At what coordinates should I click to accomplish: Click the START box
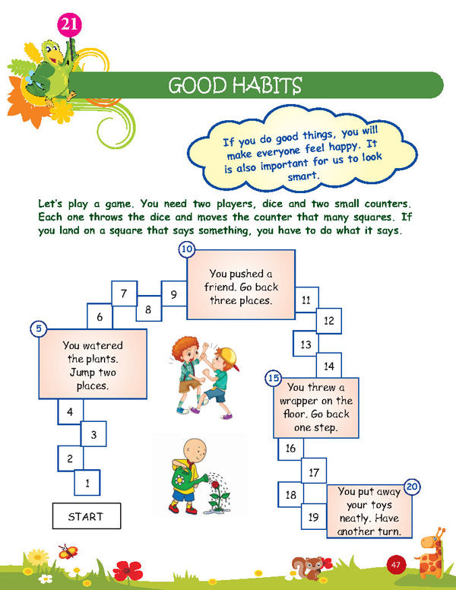[x=87, y=516]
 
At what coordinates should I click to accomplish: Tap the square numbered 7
[x=124, y=293]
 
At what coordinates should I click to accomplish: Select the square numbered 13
[x=306, y=344]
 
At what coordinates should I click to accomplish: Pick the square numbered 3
[x=93, y=434]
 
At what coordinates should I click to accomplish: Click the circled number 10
[x=187, y=249]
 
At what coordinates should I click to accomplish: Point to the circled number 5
[x=38, y=328]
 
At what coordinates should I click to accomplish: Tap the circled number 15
[x=274, y=378]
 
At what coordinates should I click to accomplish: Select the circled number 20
[x=412, y=487]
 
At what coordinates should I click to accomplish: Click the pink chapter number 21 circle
[x=69, y=25]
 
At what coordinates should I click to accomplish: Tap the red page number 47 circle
[x=395, y=565]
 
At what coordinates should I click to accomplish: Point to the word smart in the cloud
[x=303, y=176]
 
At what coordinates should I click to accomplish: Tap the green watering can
[x=185, y=478]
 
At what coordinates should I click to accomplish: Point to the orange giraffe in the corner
[x=430, y=554]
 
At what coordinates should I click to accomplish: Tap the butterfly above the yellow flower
[x=68, y=552]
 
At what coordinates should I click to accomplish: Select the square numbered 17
[x=314, y=471]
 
